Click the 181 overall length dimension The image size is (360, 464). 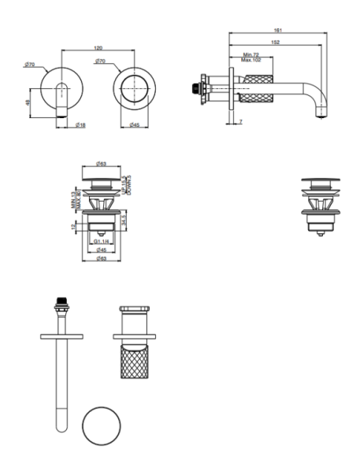point(279,30)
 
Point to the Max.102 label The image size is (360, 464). point(252,61)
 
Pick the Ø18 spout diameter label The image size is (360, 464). point(80,124)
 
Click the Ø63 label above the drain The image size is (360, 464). point(102,163)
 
